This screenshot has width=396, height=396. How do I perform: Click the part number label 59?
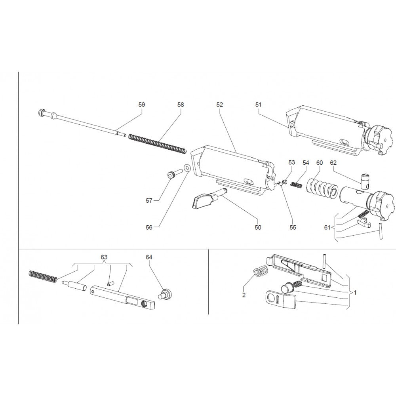(x=142, y=105)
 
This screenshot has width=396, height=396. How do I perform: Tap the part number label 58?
(x=181, y=105)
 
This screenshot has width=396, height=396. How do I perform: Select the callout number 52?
(x=220, y=105)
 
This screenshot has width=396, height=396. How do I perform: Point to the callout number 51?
(x=259, y=105)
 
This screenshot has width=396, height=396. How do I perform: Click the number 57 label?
(x=149, y=201)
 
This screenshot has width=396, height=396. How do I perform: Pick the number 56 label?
(x=149, y=227)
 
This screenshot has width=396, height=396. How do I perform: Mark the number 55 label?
(x=293, y=227)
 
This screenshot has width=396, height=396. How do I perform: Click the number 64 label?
(x=149, y=257)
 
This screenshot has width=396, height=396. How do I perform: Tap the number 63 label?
(x=104, y=257)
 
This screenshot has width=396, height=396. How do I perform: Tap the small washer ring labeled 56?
(x=187, y=168)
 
